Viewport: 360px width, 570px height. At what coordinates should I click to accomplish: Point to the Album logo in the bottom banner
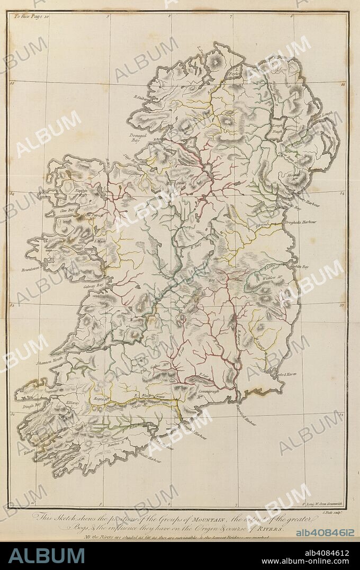pyautogui.click(x=46, y=555)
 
